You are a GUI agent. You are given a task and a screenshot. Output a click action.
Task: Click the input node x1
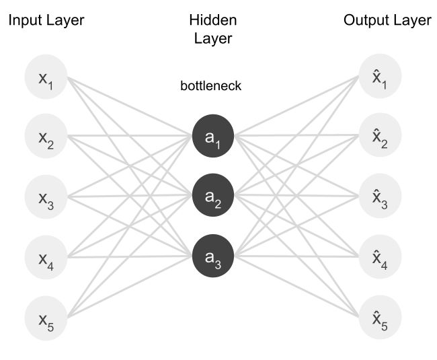click(46, 79)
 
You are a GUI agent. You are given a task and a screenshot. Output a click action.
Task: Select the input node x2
click(46, 138)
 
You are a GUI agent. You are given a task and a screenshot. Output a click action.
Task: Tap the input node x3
click(46, 197)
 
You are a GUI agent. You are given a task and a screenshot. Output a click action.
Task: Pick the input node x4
click(46, 256)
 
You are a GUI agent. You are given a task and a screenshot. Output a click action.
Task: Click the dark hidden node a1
click(212, 137)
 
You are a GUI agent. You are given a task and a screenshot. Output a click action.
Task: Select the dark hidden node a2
click(212, 196)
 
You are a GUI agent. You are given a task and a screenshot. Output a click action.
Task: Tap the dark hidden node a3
click(212, 256)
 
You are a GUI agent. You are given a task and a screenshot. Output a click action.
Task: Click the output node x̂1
click(381, 79)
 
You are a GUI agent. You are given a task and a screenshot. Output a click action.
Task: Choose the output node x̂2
click(381, 138)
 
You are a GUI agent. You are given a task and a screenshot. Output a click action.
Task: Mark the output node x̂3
click(381, 197)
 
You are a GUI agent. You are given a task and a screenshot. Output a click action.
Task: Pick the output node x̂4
click(381, 256)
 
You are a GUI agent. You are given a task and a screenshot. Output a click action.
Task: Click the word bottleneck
click(210, 86)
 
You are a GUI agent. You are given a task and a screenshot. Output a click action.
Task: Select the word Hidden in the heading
click(212, 21)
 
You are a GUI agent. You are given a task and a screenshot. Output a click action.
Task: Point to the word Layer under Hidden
click(212, 38)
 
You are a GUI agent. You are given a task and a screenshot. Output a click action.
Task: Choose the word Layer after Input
click(65, 21)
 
